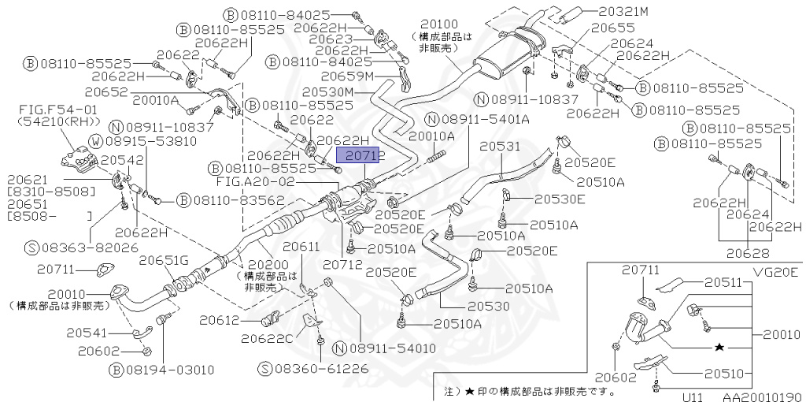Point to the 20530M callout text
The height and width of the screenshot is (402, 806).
pos(331,92)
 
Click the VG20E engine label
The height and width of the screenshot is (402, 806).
pos(775,272)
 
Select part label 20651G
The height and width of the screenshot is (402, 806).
pos(164,260)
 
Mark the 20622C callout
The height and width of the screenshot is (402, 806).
pos(267,338)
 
